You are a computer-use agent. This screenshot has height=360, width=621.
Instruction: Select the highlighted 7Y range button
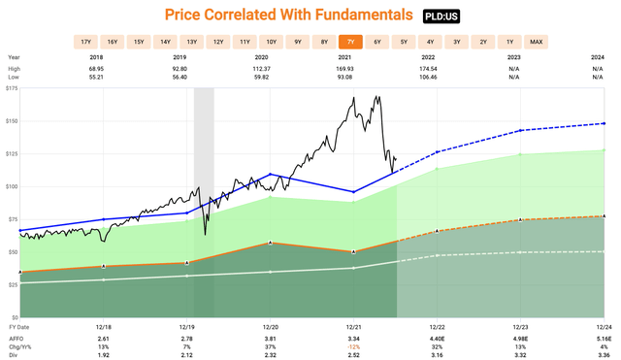pos(350,42)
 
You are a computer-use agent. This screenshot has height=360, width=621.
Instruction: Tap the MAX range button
pos(536,42)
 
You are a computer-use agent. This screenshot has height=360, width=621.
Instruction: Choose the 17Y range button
pos(85,42)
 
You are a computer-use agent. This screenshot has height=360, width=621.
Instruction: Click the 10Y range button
pos(271,42)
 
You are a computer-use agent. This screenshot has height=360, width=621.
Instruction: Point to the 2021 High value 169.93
pos(353,70)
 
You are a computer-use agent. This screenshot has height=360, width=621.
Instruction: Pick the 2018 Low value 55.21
pos(102,78)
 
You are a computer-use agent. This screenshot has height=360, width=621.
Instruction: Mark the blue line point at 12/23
pos(520,130)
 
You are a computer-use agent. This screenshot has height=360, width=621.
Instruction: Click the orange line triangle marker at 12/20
pos(269,243)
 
